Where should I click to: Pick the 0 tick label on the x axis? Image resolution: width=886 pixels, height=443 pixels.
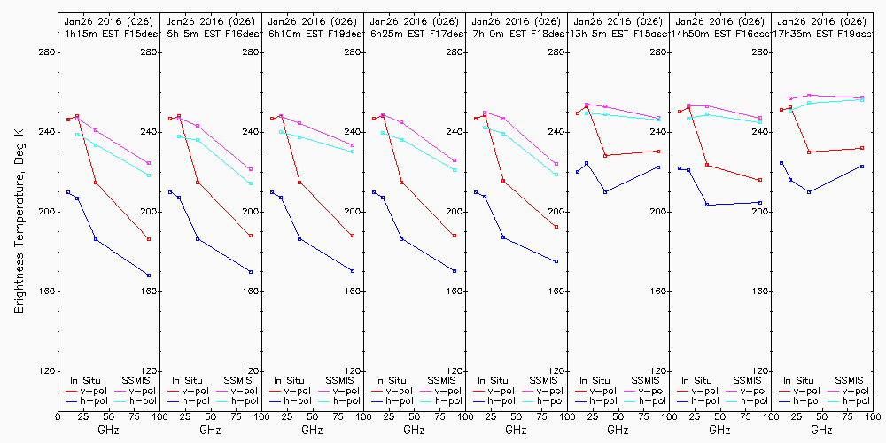[x=58, y=414]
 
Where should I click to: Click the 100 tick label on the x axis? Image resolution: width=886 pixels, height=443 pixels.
[x=873, y=414]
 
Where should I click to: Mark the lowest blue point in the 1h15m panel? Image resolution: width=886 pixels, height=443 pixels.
[x=149, y=276]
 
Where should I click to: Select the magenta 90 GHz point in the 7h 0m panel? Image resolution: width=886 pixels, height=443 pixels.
[x=556, y=164]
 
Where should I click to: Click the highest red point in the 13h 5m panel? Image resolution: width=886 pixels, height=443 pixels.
[x=587, y=106]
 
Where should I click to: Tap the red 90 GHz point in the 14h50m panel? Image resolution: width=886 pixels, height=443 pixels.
[x=760, y=180]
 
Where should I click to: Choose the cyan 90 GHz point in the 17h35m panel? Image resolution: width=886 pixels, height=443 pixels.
[x=862, y=99]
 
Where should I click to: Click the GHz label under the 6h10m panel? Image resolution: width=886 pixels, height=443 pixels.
[x=312, y=430]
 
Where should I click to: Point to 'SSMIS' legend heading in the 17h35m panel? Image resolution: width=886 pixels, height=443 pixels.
[x=851, y=379]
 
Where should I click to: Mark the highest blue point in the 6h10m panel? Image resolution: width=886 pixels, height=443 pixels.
[x=272, y=192]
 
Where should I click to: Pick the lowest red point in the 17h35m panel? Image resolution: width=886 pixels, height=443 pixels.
[x=809, y=152]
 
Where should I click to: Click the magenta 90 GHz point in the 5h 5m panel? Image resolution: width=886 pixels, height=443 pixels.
[x=251, y=169]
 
